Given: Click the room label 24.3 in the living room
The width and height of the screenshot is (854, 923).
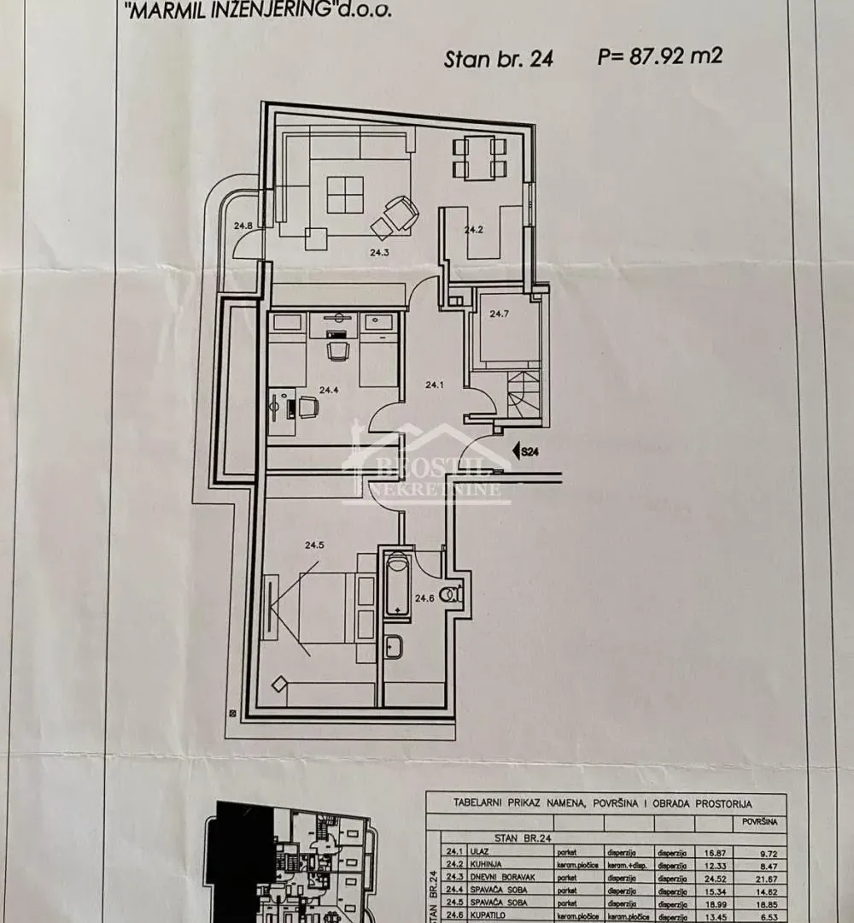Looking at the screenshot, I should (379, 253).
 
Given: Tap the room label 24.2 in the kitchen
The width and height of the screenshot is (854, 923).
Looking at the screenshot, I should (474, 230).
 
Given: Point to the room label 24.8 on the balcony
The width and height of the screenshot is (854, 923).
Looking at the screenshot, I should (243, 226).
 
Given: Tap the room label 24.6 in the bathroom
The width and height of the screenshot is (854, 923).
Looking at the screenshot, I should (424, 598).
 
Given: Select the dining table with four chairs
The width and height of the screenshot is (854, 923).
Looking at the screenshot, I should (479, 158).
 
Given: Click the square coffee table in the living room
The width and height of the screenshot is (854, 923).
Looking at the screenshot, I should (345, 194).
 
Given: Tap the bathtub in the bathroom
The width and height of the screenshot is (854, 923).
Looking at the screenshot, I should (397, 585).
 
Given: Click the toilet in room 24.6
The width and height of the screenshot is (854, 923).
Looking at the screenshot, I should (453, 592).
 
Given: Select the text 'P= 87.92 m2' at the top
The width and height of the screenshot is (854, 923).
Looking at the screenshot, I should (660, 57).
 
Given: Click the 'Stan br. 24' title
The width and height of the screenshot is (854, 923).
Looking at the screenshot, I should (499, 59).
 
